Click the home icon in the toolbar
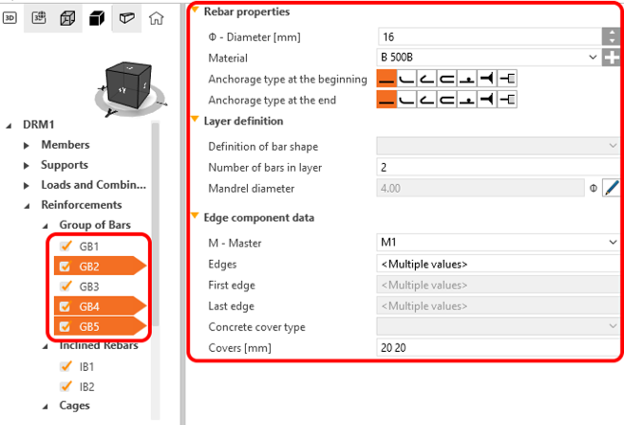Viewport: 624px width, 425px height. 156,18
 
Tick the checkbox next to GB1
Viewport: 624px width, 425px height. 66,246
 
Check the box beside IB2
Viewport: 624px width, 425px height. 66,386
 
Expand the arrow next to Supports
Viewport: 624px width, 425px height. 27,165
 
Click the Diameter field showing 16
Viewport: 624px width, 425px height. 489,37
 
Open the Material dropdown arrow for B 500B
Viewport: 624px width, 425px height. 593,57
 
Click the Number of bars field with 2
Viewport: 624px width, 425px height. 498,167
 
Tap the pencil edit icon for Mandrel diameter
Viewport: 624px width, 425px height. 611,188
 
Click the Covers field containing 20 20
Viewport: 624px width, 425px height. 498,348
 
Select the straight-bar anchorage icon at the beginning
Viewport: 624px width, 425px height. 387,79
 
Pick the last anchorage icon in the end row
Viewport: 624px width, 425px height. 507,100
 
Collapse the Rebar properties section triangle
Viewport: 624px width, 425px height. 195,9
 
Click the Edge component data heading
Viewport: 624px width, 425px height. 258,218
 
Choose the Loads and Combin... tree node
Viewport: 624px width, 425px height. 93,185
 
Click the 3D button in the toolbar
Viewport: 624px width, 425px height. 9,18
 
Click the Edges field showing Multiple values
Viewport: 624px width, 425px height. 498,264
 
